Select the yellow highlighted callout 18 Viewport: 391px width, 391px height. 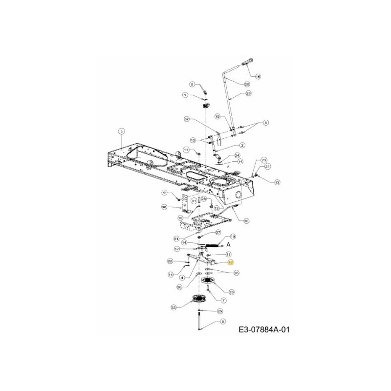tap(231, 262)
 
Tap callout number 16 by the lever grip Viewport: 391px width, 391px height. tap(258, 76)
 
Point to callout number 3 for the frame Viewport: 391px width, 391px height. tap(122, 130)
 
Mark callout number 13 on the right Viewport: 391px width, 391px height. tap(277, 182)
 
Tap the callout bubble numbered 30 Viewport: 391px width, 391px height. tap(246, 221)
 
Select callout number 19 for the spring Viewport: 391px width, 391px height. tap(233, 236)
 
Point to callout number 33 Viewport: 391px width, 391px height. tap(231, 292)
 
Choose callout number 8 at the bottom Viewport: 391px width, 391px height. tap(223, 321)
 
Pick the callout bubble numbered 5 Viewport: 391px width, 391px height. tap(192, 84)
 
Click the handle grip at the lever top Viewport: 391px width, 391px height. tap(246, 63)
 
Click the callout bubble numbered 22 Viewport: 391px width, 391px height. tap(170, 261)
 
